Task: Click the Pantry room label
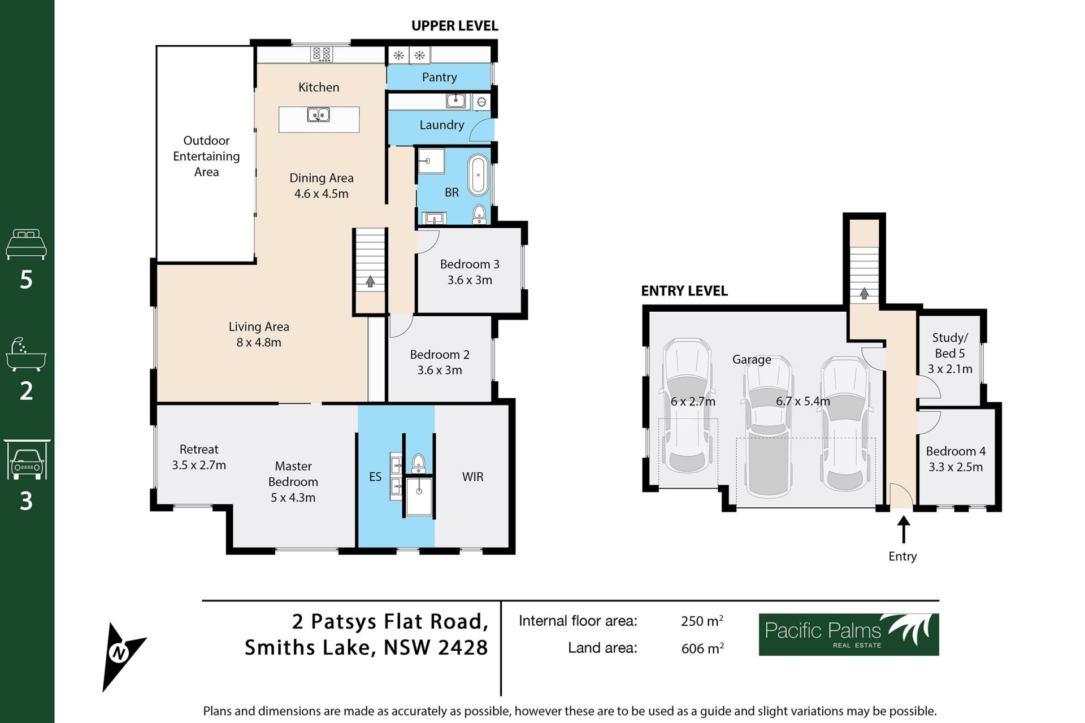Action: [x=439, y=77]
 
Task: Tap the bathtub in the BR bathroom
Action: [x=478, y=175]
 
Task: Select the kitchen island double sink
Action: [x=319, y=115]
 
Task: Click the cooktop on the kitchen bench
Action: [x=322, y=54]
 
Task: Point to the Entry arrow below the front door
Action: [x=904, y=530]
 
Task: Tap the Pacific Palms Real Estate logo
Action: [x=848, y=634]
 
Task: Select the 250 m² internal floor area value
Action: [x=702, y=621]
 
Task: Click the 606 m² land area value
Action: [x=702, y=648]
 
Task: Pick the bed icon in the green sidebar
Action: [x=26, y=244]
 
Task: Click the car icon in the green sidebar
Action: [x=27, y=460]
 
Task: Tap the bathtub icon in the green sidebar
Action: [x=25, y=355]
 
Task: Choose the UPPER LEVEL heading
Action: [x=454, y=26]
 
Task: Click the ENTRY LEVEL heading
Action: [x=684, y=291]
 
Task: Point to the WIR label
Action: [x=472, y=477]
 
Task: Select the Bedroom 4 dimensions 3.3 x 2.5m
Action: [x=956, y=467]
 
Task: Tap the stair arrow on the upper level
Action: [x=370, y=281]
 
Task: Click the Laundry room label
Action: [x=442, y=125]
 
